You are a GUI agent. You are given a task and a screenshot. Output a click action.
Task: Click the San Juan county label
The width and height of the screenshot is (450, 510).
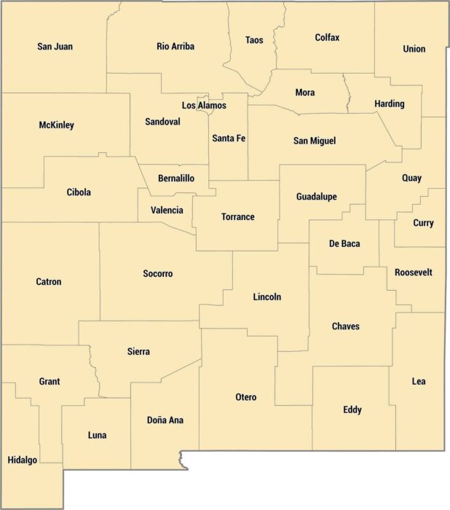[55, 47]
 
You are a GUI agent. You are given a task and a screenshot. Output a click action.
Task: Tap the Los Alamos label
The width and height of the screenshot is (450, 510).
[204, 106]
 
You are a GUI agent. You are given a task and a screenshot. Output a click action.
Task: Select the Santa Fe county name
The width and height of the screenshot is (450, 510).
[229, 138]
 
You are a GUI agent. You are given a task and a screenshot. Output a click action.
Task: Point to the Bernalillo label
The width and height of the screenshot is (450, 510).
[176, 178]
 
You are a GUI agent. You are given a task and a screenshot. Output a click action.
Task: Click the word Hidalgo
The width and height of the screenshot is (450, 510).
[22, 460]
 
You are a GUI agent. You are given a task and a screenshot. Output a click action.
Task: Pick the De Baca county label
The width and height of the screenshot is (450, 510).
[344, 243]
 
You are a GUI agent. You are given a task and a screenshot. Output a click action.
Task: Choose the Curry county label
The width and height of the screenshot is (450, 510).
[423, 223]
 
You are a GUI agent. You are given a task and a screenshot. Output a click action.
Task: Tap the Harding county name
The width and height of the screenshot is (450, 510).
[390, 104]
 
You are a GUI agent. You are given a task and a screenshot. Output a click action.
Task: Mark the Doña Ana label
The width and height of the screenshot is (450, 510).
[165, 420]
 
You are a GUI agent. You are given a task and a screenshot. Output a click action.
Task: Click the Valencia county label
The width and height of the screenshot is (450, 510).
[167, 211]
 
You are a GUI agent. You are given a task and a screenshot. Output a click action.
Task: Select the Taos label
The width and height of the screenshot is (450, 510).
[254, 40]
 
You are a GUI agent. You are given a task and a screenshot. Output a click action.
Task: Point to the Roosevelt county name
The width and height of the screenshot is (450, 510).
[414, 272]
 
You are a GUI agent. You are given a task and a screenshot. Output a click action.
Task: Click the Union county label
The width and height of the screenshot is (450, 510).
[414, 50]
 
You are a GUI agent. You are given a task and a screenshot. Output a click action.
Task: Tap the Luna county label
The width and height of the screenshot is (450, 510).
[97, 436]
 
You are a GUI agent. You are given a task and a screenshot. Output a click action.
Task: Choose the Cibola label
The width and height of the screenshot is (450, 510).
[79, 192]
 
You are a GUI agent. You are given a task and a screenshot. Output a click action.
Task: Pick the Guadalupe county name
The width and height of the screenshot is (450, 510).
[316, 197]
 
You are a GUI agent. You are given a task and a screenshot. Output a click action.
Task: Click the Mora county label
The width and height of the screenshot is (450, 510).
[305, 93]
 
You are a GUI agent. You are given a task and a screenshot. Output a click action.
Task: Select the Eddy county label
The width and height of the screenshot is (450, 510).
[352, 410]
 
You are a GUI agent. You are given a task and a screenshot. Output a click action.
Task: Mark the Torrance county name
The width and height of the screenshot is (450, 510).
[238, 217]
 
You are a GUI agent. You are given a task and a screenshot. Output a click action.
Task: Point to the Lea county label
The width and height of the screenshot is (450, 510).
[419, 381]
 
